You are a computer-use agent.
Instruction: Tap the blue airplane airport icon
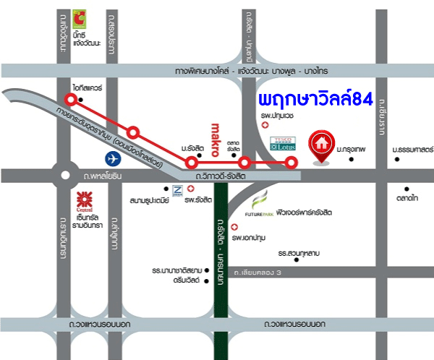click(111, 157)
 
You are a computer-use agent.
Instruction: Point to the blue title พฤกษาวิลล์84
click(315, 100)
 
